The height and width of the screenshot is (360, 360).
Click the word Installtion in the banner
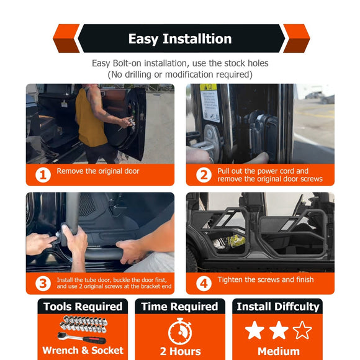pos(197,38)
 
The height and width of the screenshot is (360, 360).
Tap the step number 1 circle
pos(43,175)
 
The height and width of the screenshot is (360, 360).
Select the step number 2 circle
pos(204,175)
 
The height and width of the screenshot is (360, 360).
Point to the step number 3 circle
pos(43,284)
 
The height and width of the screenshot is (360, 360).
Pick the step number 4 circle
pos(204,284)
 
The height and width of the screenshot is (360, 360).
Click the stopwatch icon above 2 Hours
pos(180,331)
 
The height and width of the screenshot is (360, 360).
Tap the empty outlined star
pos(302,330)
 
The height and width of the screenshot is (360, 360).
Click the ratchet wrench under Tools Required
pos(82,338)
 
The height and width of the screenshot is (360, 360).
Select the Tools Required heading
pos(83,307)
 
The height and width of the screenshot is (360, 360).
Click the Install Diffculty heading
pos(278,307)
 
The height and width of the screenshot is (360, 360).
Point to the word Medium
pos(279,351)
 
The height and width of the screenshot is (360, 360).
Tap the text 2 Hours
pos(180,351)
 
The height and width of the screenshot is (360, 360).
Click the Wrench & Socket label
pos(83,350)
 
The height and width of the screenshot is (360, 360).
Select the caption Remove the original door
pos(98,171)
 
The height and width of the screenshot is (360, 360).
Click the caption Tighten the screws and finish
pos(266,280)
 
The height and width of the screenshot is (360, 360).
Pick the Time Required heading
pos(180,307)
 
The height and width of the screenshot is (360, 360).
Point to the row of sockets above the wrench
pos(84,324)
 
